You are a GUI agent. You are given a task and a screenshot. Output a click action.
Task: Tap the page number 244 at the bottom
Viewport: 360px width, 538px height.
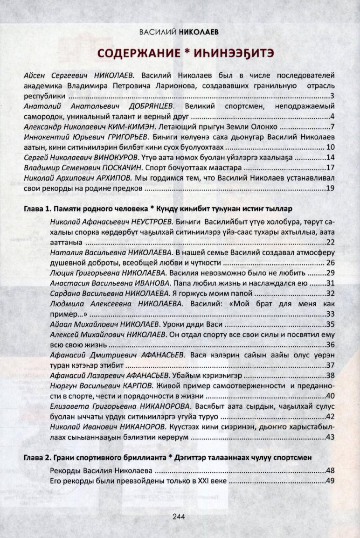(180, 517)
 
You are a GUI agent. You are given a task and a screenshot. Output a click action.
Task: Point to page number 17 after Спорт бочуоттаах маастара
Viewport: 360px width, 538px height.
(331, 168)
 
